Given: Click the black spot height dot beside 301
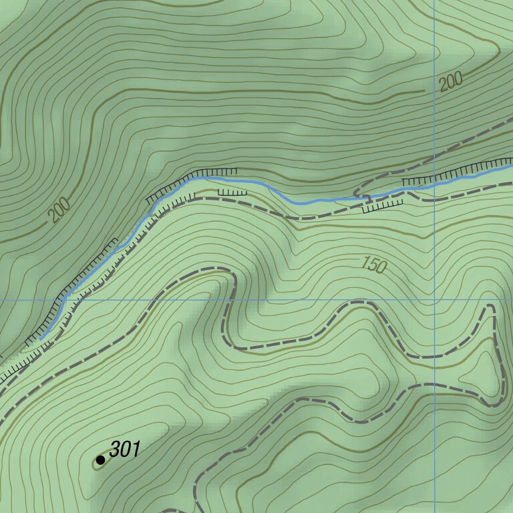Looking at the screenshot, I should [100, 460].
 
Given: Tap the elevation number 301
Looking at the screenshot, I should [125, 450].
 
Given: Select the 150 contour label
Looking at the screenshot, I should [373, 265].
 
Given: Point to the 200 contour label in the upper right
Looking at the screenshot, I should [452, 82].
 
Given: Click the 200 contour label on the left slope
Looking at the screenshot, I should [59, 212].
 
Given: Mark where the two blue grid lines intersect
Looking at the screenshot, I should [434, 300].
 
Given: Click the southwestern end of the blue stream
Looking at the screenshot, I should [41, 339].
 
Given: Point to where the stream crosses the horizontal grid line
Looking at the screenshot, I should [63, 300].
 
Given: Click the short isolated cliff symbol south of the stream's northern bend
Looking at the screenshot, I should [232, 192].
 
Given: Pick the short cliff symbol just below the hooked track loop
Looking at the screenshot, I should [383, 206].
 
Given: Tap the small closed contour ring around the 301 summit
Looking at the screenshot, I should [98, 463].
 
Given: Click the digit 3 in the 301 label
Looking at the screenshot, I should [115, 450].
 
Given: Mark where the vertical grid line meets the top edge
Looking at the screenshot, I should [434, 1].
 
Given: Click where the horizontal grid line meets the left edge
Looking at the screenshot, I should [1, 300].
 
